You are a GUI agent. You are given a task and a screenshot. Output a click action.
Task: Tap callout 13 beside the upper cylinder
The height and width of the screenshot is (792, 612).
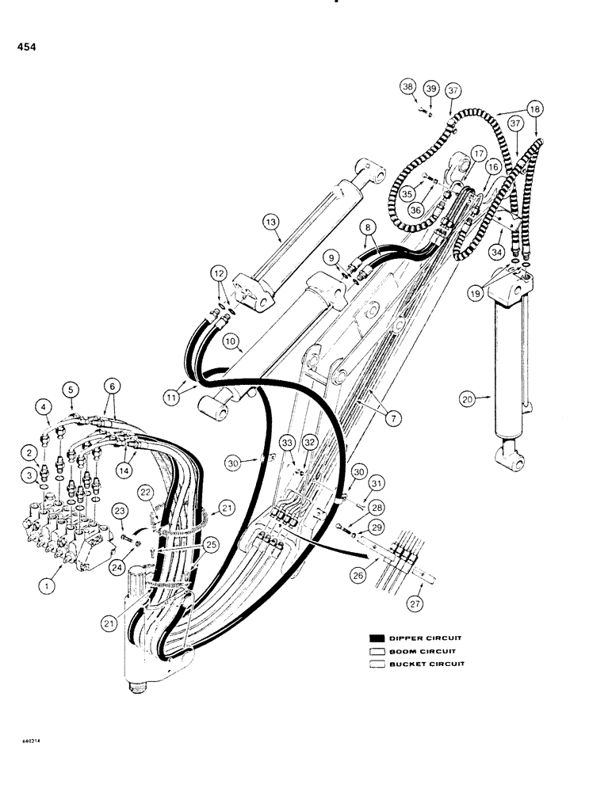tap(273, 224)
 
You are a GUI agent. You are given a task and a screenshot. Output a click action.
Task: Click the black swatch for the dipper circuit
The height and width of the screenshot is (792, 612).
tap(376, 638)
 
